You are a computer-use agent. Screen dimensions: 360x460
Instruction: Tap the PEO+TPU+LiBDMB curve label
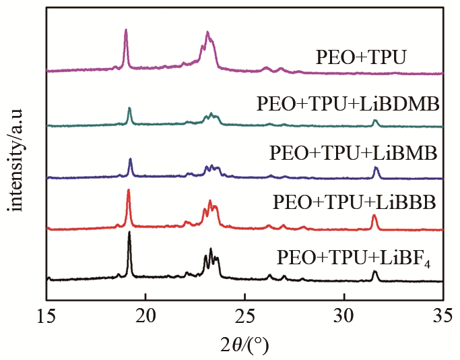tap(348, 104)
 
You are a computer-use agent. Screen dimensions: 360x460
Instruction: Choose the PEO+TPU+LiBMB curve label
tap(354, 153)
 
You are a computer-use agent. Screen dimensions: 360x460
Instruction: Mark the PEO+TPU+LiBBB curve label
tap(355, 202)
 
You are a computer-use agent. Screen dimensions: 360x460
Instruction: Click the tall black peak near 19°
tap(129, 233)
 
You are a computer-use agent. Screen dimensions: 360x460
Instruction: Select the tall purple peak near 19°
tap(126, 30)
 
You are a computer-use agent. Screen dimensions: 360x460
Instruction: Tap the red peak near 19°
tap(128, 191)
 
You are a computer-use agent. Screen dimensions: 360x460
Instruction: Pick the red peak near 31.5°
tap(374, 216)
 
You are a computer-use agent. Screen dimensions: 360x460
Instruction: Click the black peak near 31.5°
tap(375, 272)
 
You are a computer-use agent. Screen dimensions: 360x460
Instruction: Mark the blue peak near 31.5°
tap(376, 168)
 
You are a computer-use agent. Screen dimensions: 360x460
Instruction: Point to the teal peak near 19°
tap(129, 109)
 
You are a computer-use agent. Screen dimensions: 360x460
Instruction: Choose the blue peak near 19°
tap(130, 160)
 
